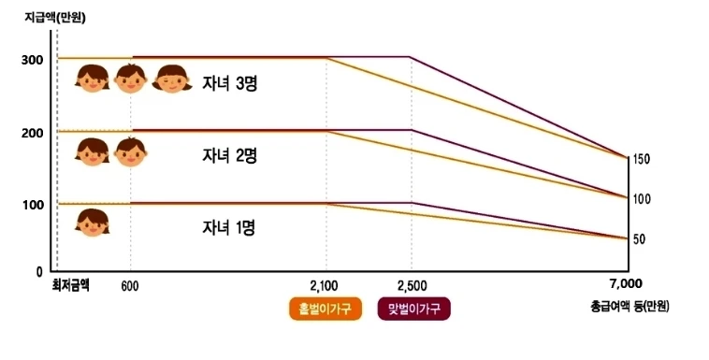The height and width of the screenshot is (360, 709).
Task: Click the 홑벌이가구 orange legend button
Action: click(326, 309)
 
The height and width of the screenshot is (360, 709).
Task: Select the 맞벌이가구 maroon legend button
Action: click(414, 309)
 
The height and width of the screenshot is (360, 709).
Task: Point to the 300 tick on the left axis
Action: click(32, 60)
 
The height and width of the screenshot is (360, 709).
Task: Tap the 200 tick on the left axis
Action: click(32, 134)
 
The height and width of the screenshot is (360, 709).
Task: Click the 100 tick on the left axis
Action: click(33, 205)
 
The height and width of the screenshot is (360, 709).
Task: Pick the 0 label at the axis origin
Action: click(39, 272)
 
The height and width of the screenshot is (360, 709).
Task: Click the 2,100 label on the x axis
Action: click(324, 286)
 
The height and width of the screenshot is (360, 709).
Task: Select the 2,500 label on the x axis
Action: click(412, 286)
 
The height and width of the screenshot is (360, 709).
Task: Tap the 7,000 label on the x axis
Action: click(626, 283)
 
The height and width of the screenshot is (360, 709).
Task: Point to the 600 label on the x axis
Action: click(130, 287)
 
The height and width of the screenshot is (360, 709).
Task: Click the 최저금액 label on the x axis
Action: click(70, 286)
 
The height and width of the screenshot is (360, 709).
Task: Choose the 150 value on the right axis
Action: click(641, 159)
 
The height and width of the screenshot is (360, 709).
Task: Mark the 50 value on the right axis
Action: click(639, 239)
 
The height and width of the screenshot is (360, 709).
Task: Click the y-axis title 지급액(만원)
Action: click(55, 18)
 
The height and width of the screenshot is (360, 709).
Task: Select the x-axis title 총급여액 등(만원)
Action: click(629, 306)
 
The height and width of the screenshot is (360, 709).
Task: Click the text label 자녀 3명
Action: click(230, 83)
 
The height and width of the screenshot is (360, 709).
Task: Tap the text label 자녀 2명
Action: click(230, 155)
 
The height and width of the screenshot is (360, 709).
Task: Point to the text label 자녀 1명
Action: click(229, 227)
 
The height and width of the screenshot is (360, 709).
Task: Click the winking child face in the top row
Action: click(172, 79)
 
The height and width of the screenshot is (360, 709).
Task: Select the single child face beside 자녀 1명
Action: click(93, 223)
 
